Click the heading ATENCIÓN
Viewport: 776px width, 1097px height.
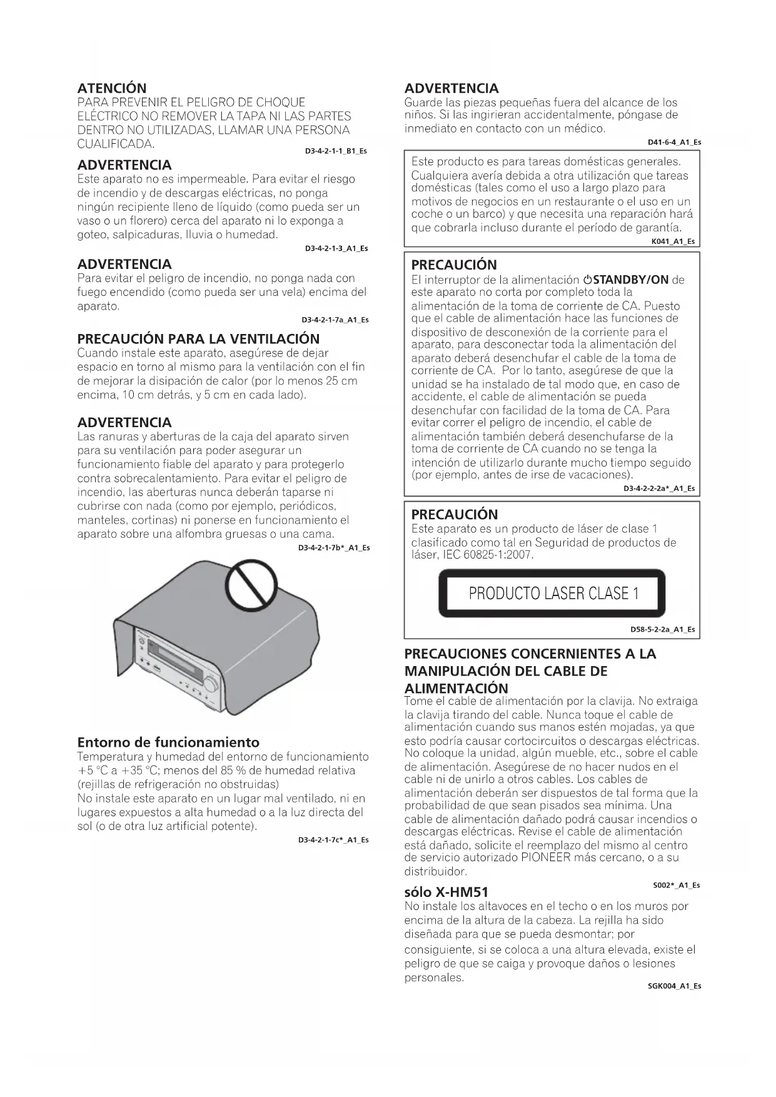coord(112,88)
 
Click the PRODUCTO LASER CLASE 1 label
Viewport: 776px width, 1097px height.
coord(553,594)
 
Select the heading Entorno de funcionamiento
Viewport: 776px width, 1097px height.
coord(168,742)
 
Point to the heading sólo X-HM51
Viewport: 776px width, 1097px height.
coord(446,892)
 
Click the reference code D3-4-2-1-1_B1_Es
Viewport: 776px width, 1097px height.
coord(336,151)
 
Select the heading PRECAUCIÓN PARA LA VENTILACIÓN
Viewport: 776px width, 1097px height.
coord(198,339)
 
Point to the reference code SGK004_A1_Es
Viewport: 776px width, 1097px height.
coord(673,986)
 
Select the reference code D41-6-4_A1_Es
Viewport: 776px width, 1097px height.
coord(674,143)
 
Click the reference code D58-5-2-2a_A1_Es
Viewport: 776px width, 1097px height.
coord(662,630)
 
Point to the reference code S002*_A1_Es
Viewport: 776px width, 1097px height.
coord(676,885)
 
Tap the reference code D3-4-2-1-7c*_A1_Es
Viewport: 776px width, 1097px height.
coord(333,840)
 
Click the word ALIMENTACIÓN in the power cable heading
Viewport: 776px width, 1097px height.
coord(456,689)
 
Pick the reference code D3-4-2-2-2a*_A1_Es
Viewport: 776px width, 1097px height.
coord(658,488)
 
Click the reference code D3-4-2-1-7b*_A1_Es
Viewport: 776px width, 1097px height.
coord(334,548)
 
